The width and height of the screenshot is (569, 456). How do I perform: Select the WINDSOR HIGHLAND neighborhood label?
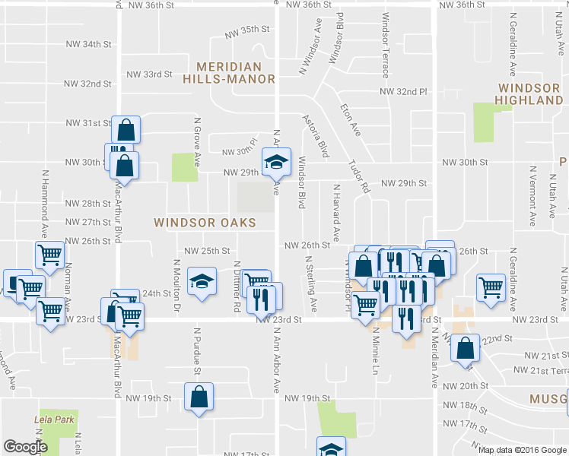[x=531, y=93]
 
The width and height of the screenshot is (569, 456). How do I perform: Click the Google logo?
[x=26, y=447]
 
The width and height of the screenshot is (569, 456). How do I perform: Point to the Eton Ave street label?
[x=351, y=120]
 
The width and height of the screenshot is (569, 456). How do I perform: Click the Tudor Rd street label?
[x=358, y=176]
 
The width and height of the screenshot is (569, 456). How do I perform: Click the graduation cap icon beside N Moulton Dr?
[x=201, y=283]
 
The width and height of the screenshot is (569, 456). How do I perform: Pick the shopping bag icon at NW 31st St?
[x=126, y=128]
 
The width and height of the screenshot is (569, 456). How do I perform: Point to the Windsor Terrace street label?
[x=385, y=46]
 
